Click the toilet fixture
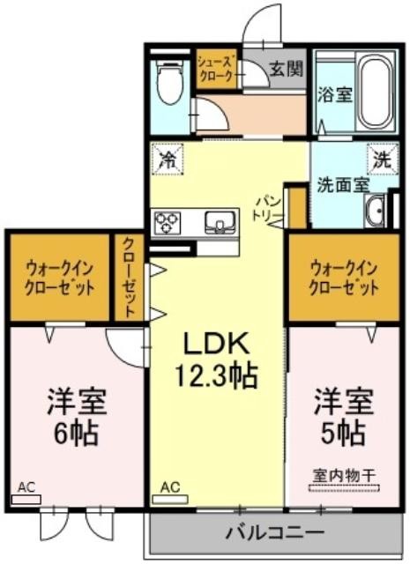170,82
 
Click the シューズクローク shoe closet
217,69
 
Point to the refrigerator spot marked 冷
168,160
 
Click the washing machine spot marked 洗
383,160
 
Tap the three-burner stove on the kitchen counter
167,223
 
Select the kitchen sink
220,223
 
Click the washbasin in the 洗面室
375,211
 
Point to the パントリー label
268,209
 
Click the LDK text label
216,345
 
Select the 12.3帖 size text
216,375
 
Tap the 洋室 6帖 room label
76,417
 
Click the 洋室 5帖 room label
343,417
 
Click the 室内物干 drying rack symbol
344,488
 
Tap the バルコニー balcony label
275,532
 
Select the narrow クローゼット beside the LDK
130,277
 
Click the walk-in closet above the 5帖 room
344,277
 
